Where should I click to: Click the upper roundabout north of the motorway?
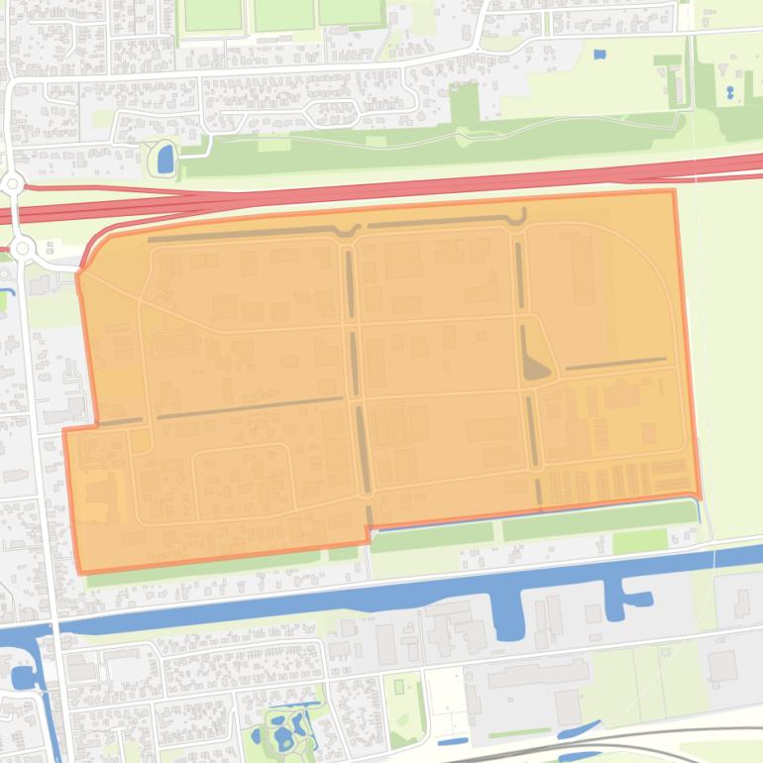click(13, 183)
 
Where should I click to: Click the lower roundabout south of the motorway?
click(22, 248)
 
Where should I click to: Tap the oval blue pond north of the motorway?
click(164, 157)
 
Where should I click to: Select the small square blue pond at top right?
click(599, 54)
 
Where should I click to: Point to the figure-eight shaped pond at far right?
click(730, 93)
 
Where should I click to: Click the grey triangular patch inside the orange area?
click(535, 369)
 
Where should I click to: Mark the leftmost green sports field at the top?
click(213, 13)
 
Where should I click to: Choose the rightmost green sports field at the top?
click(351, 11)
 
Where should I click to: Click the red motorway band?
click(396, 188)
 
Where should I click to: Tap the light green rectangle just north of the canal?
click(639, 541)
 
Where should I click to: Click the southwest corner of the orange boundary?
click(80, 572)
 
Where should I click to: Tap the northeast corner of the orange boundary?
click(674, 191)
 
